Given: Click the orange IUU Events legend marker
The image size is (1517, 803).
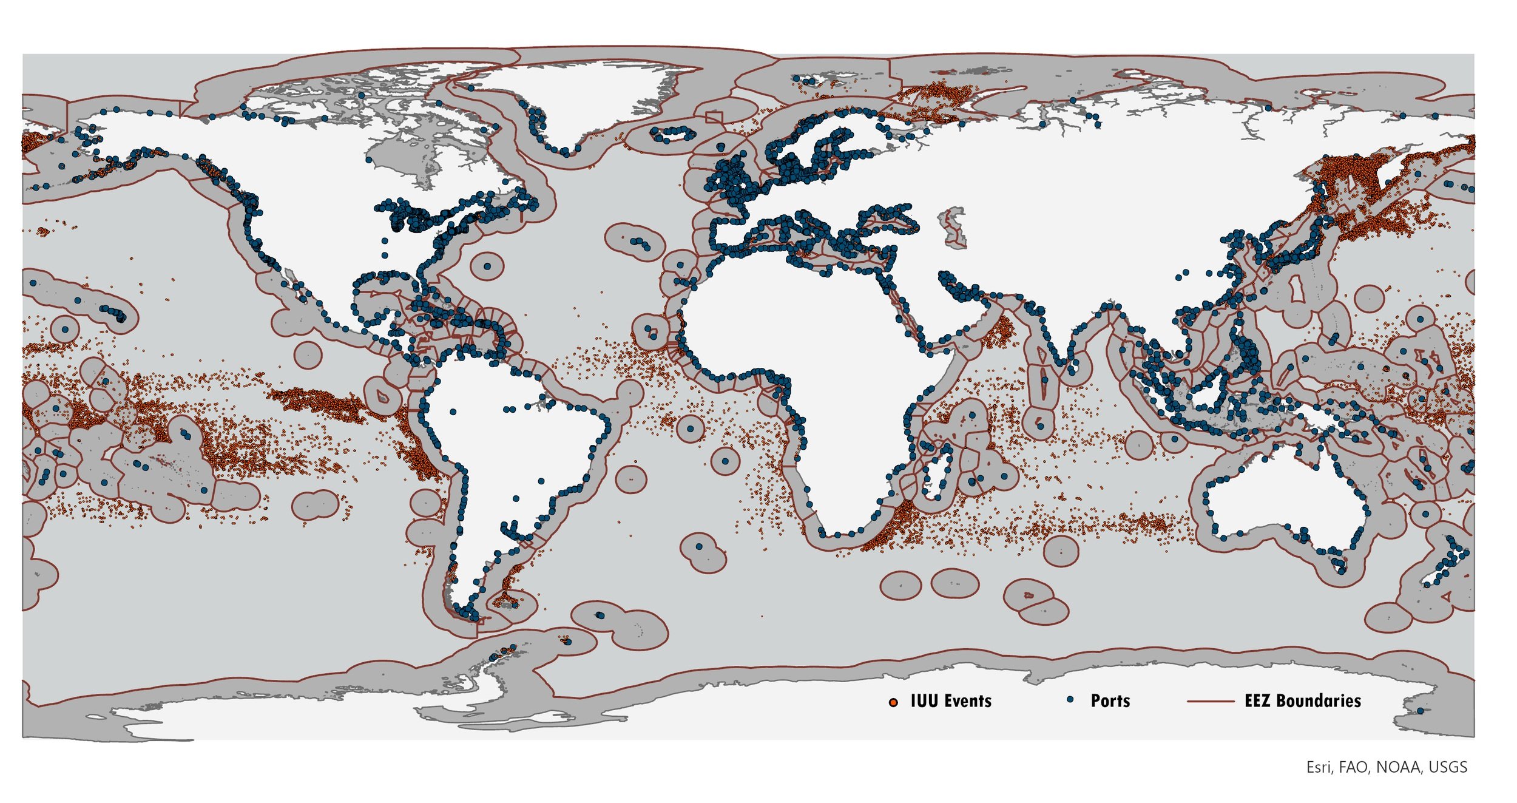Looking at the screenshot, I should (893, 702).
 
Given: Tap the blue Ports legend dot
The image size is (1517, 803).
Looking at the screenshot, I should (1070, 700).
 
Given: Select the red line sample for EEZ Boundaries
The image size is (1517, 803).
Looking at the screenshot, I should (1211, 701).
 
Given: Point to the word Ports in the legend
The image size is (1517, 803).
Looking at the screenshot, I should (1110, 701).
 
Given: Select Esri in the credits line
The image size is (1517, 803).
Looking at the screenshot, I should (1318, 767).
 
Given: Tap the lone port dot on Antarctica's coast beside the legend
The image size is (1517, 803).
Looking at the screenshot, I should (1420, 711).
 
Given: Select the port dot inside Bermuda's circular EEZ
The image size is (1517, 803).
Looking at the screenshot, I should (488, 266).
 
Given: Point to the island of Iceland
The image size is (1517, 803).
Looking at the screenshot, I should (672, 134).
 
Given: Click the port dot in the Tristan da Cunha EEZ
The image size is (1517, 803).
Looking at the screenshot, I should (699, 547).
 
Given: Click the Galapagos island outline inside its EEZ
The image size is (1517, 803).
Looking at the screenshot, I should (382, 396).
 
